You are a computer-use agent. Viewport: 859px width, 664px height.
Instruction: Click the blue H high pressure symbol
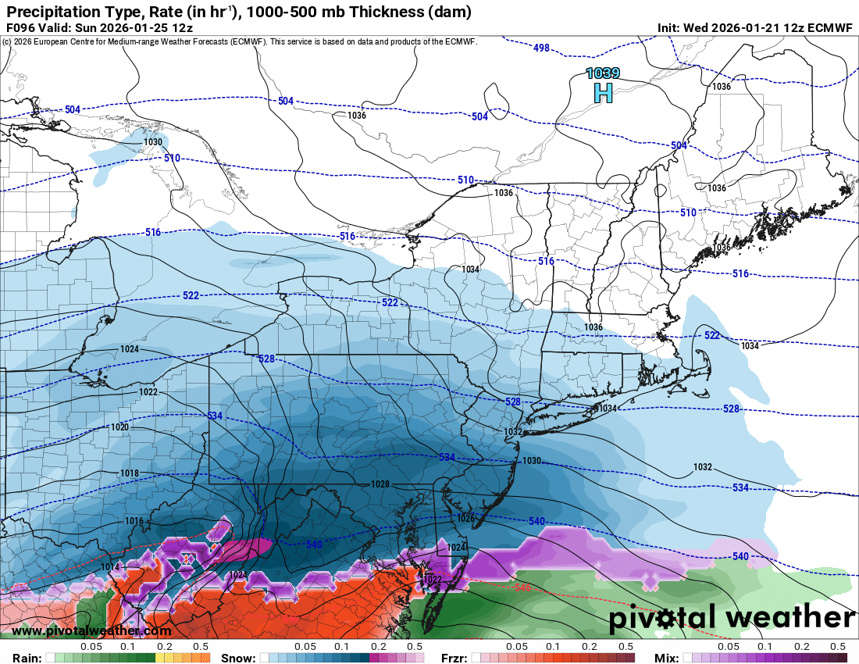(603, 93)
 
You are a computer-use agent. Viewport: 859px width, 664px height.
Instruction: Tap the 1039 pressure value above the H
(603, 73)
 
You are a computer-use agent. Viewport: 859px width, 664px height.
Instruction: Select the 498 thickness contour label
(542, 48)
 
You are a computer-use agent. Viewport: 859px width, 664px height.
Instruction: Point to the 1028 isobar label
(380, 484)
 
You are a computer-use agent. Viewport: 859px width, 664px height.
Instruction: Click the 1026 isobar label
(465, 518)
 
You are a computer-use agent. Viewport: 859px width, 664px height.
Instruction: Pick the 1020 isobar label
(119, 427)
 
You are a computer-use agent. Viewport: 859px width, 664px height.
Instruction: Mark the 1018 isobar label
(130, 473)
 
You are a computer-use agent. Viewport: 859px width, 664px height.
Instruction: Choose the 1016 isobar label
(134, 521)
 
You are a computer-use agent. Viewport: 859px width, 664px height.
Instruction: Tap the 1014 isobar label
(111, 566)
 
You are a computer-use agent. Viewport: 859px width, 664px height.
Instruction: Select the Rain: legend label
(21, 658)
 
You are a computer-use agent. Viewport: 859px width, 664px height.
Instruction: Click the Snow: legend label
(238, 658)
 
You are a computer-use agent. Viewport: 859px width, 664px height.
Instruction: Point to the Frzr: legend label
(454, 658)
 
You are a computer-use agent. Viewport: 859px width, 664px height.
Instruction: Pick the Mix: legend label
(669, 658)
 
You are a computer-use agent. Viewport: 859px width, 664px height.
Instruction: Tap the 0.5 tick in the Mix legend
(838, 647)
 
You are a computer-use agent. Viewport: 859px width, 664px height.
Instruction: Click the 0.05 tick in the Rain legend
(92, 647)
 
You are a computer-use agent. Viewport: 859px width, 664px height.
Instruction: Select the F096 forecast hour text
(21, 28)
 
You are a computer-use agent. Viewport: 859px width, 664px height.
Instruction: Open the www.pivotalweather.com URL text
(91, 630)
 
